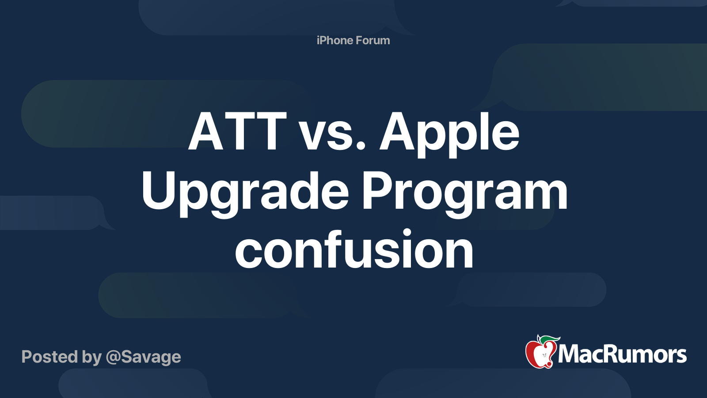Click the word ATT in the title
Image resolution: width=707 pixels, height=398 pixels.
[238, 132]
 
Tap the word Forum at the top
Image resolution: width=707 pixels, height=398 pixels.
[373, 40]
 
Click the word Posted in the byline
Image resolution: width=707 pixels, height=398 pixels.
[49, 356]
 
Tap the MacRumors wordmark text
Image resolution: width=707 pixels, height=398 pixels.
[622, 355]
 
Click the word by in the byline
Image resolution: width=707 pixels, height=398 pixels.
[91, 357]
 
